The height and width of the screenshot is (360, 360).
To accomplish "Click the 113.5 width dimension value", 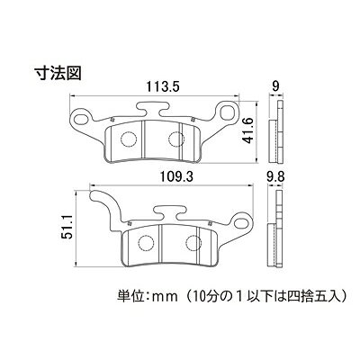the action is pyautogui.click(x=163, y=87).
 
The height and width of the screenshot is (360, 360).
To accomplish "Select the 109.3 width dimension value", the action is pyautogui.click(x=175, y=177).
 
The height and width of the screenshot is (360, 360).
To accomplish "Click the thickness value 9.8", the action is pyautogui.click(x=275, y=177).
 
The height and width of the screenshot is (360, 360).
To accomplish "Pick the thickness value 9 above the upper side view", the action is pyautogui.click(x=275, y=86).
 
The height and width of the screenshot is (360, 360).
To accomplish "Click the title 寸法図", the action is pyautogui.click(x=58, y=74).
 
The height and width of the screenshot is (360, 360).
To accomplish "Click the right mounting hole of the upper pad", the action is pyautogui.click(x=227, y=112).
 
